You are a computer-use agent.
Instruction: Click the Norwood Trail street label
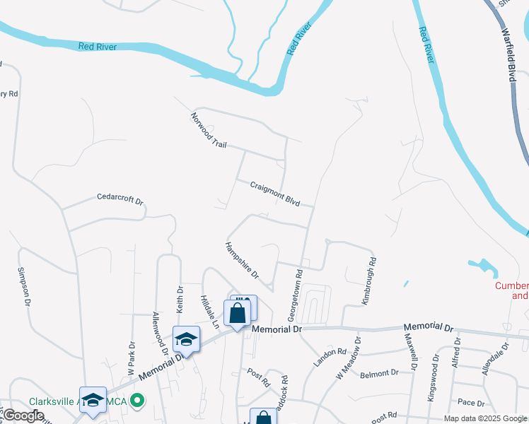209,129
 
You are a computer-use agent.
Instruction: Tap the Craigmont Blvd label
275,193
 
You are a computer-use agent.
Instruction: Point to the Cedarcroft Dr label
120,199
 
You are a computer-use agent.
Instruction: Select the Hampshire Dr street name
242,260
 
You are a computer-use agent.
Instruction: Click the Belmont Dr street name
374,373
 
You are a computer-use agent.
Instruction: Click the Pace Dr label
470,403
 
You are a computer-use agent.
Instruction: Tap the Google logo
23,416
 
